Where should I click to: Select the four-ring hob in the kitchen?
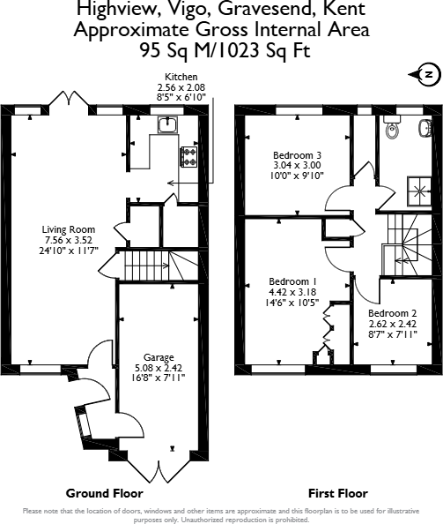coord(188,156)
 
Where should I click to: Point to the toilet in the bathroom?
coord(394,129)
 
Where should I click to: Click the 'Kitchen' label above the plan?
coord(181,77)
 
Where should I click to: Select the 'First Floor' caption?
coord(337,493)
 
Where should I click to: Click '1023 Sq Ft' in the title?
coord(263,50)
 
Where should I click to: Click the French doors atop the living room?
coord(67,101)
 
